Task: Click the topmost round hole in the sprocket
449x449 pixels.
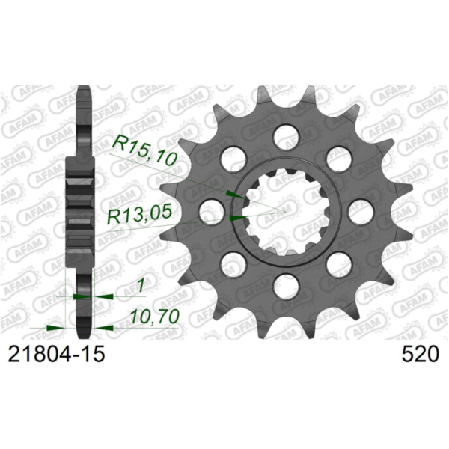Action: click(286, 135)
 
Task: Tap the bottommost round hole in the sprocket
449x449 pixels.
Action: click(286, 284)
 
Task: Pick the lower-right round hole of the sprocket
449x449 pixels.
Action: click(338, 263)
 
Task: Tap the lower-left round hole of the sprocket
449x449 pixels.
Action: click(233, 263)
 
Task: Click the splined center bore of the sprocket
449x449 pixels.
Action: click(286, 210)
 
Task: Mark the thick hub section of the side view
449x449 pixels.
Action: click(79, 210)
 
